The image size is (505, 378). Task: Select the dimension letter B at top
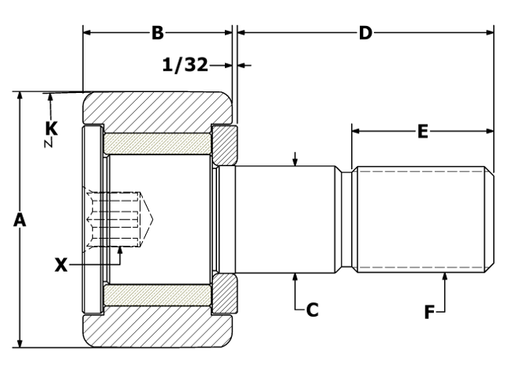pyautogui.click(x=157, y=33)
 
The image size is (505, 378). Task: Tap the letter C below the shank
pyautogui.click(x=312, y=310)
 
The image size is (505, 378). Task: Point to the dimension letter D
pyautogui.click(x=365, y=33)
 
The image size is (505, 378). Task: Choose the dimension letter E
pyautogui.click(x=422, y=132)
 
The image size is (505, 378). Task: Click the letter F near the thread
pyautogui.click(x=429, y=313)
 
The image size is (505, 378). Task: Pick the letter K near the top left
pyautogui.click(x=51, y=127)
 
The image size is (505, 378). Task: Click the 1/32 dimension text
pyautogui.click(x=185, y=65)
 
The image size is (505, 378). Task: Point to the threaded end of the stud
pyautogui.click(x=418, y=220)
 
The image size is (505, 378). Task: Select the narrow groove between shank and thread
pyautogui.click(x=346, y=220)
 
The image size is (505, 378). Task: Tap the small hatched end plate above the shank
pyautogui.click(x=223, y=144)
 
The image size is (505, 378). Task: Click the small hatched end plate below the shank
pyautogui.click(x=223, y=294)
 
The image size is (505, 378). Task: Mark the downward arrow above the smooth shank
pyautogui.click(x=294, y=160)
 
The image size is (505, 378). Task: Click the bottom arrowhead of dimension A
pyautogui.click(x=20, y=342)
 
